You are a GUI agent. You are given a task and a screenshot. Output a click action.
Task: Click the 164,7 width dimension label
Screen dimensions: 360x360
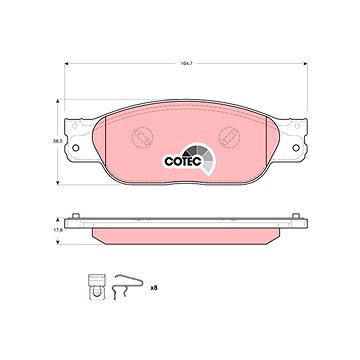(x=186, y=63)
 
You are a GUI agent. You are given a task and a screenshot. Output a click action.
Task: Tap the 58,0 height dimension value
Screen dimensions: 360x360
(x=58, y=141)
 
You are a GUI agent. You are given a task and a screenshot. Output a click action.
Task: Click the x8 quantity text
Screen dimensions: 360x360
(x=154, y=287)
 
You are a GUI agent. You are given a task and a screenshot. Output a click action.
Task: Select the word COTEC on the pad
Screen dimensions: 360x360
(x=183, y=162)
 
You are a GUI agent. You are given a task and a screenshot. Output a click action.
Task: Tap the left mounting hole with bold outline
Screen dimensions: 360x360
(x=76, y=148)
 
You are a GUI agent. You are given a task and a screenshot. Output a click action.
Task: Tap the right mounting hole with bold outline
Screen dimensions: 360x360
(x=296, y=148)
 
